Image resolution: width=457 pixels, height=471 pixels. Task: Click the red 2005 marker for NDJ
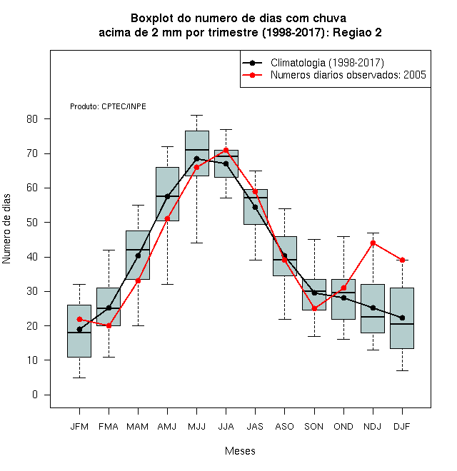pyautogui.click(x=373, y=243)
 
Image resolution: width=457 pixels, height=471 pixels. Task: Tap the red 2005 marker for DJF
pyautogui.click(x=402, y=260)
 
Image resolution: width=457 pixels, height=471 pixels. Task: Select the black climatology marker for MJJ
pyautogui.click(x=196, y=158)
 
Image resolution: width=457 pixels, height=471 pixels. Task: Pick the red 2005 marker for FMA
pyautogui.click(x=109, y=325)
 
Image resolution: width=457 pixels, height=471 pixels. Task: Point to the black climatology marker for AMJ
pyautogui.click(x=168, y=196)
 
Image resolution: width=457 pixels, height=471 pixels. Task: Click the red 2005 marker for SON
pyautogui.click(x=314, y=308)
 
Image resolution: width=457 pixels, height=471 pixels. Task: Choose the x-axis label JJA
pyautogui.click(x=226, y=427)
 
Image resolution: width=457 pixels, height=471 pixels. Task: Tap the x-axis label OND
pyautogui.click(x=343, y=427)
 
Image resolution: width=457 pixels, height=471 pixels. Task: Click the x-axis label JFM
pyautogui.click(x=79, y=427)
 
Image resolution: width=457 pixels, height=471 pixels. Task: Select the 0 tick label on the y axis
pyautogui.click(x=35, y=395)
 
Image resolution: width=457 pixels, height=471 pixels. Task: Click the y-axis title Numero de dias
pyautogui.click(x=6, y=229)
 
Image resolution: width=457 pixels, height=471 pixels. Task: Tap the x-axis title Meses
pyautogui.click(x=240, y=451)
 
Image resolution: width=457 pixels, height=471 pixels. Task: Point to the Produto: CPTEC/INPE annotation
pyautogui.click(x=108, y=106)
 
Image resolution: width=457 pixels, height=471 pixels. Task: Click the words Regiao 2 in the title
pyautogui.click(x=357, y=32)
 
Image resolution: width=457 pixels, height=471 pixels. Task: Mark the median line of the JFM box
pyautogui.click(x=79, y=333)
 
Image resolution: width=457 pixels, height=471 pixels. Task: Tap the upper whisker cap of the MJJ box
pyautogui.click(x=196, y=116)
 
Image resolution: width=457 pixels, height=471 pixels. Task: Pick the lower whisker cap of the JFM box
pyautogui.click(x=79, y=378)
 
